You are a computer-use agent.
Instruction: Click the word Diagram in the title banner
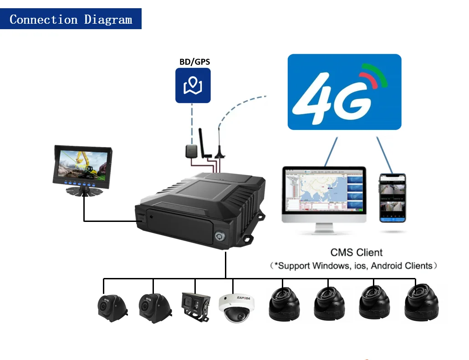point(108,20)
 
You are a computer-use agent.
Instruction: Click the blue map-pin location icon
point(193,85)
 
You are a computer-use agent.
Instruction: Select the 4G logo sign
point(344,92)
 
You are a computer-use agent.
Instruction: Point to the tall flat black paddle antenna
point(204,143)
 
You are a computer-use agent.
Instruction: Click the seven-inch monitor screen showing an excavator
point(82,164)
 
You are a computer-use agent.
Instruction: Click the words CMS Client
point(357,252)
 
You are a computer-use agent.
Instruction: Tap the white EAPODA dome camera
point(236,308)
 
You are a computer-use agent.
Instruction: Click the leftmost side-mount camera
point(110,307)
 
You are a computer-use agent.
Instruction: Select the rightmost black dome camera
point(421,303)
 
